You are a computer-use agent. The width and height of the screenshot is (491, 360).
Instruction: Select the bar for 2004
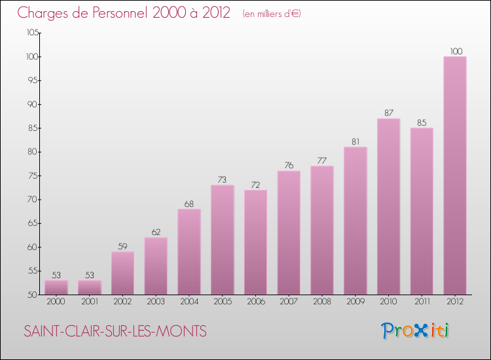coord(189,251)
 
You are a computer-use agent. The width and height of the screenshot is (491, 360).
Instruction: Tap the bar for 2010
coord(388,206)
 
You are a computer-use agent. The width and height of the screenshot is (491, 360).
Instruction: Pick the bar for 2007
coord(289,232)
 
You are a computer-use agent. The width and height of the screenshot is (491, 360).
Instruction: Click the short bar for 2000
coord(56,287)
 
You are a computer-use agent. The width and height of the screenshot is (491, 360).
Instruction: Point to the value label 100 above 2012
coord(455,51)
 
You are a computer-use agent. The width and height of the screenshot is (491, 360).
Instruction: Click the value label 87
coord(388,113)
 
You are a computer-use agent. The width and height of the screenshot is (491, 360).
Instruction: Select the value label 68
coord(189,203)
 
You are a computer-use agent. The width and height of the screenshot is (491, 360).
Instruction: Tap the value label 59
coord(122,245)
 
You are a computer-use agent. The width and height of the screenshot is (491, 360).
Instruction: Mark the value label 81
coord(355,141)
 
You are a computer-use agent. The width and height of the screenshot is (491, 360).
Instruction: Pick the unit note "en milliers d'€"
coord(271,14)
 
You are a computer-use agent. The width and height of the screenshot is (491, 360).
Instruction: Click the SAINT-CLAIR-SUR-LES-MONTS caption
coord(115,331)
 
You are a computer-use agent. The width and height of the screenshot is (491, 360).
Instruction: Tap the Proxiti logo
coord(415,331)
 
